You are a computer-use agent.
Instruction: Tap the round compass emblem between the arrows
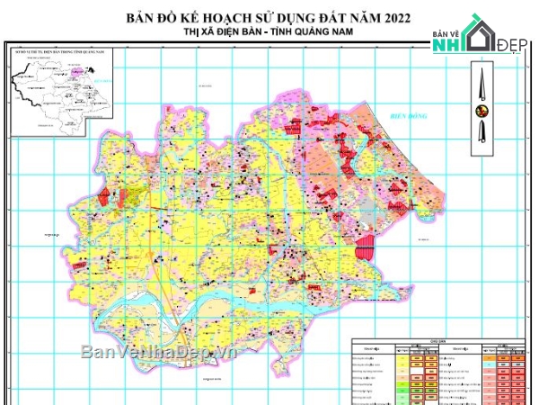tap(482, 112)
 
